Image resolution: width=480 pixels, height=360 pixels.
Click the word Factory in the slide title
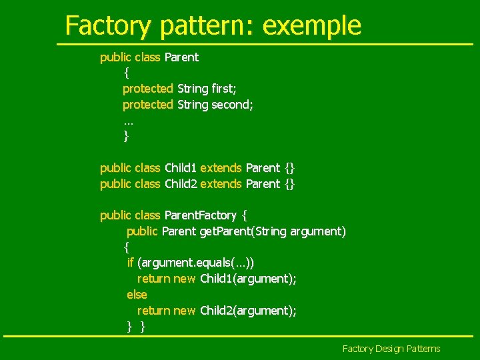click(x=108, y=25)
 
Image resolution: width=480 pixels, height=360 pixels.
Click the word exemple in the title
click(x=312, y=25)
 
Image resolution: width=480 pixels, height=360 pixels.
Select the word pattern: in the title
click(x=207, y=25)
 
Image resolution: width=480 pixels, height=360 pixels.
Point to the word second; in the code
click(x=232, y=105)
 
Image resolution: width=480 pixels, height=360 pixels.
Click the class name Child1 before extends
click(x=181, y=168)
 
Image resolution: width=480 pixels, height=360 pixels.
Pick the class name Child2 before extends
click(x=181, y=183)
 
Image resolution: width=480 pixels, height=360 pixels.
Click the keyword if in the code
click(x=130, y=263)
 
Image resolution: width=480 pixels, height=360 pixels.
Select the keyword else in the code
click(x=137, y=295)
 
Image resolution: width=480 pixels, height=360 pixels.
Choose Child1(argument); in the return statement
click(x=248, y=279)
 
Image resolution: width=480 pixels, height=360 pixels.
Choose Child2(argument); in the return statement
click(x=248, y=311)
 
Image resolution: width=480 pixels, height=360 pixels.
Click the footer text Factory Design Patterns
click(x=391, y=349)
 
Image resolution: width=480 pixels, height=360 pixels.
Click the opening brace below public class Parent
click(x=127, y=73)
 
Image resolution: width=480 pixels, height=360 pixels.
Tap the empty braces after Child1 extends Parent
click(x=289, y=168)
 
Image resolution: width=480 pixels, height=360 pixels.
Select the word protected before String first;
click(x=147, y=89)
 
